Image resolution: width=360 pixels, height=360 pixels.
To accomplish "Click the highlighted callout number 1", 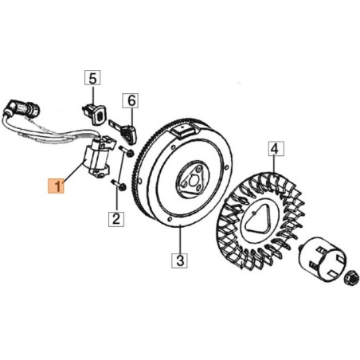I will (57, 186).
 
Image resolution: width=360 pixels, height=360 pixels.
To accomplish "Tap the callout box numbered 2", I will (117, 218).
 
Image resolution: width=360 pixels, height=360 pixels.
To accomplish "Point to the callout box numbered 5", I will (92, 77).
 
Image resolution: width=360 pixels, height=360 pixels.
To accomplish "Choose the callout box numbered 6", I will (130, 100).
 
